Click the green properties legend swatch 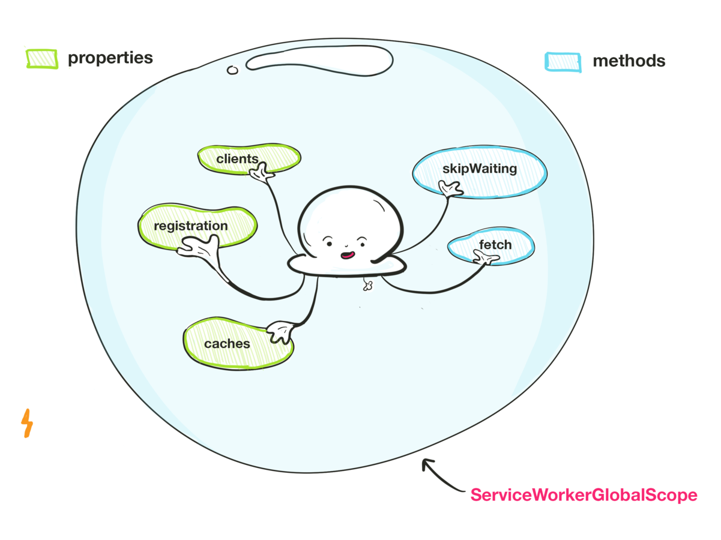pyautogui.click(x=41, y=59)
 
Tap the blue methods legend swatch pyautogui.click(x=563, y=62)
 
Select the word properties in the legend pyautogui.click(x=110, y=58)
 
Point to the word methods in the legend pyautogui.click(x=629, y=61)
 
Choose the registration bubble pyautogui.click(x=191, y=226)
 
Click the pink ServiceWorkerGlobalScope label pyautogui.click(x=584, y=496)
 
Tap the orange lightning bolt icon pyautogui.click(x=27, y=423)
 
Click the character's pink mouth pyautogui.click(x=347, y=255)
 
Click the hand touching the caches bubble pyautogui.click(x=280, y=332)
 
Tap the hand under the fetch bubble pyautogui.click(x=486, y=259)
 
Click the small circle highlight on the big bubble pyautogui.click(x=232, y=70)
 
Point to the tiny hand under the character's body pyautogui.click(x=367, y=286)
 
